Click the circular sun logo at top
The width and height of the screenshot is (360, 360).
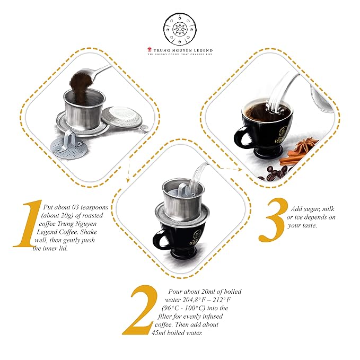(x=180, y=28)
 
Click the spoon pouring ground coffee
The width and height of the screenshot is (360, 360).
(x=93, y=74)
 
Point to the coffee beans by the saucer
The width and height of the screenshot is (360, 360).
(x=277, y=171)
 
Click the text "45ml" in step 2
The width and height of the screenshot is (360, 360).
(x=163, y=332)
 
